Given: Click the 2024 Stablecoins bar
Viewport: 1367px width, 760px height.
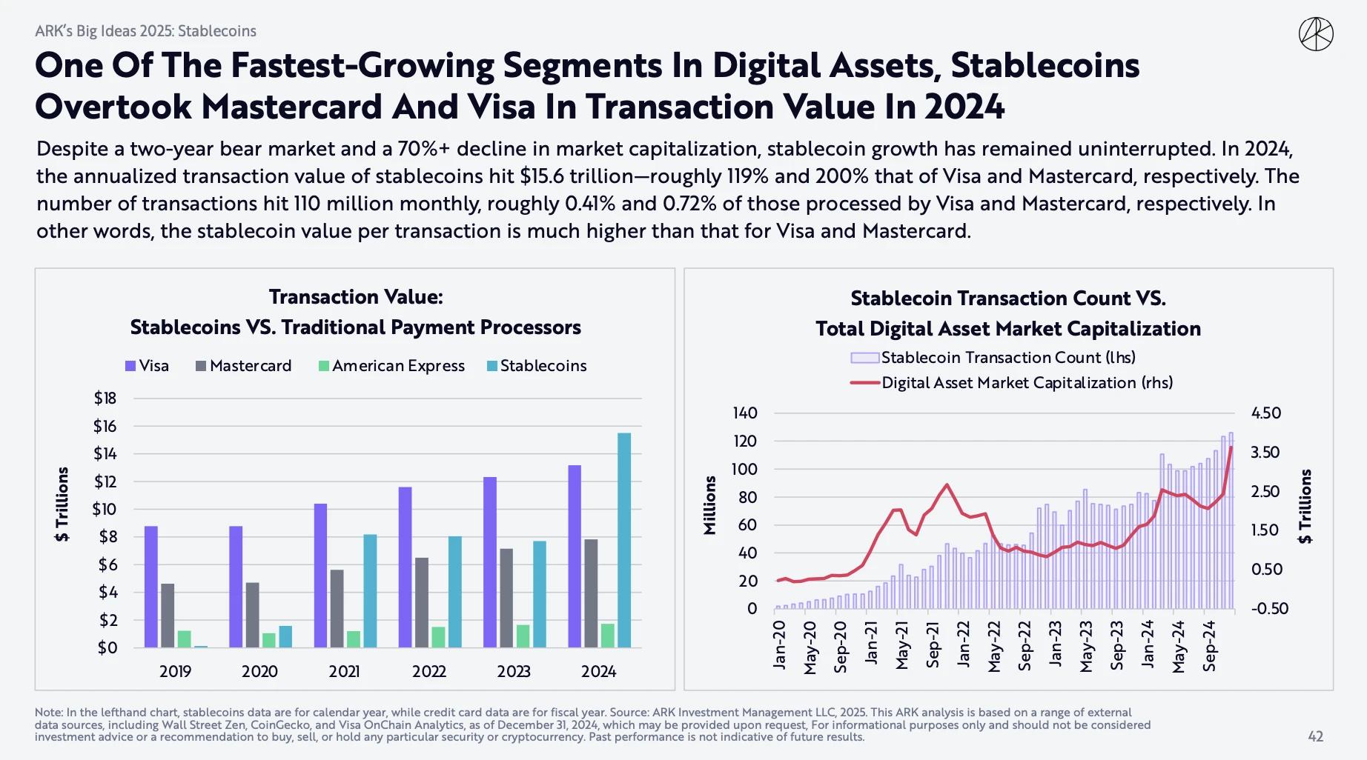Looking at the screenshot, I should [x=624, y=540].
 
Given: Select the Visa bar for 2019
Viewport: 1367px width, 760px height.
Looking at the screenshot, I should [x=151, y=587].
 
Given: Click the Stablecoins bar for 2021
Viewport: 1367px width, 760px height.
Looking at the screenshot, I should [x=370, y=590].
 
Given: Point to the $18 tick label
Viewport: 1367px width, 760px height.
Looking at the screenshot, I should [x=105, y=399].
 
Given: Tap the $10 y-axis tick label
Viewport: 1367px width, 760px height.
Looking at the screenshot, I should [x=105, y=510].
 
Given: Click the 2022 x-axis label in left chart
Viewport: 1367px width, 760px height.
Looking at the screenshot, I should [x=429, y=671].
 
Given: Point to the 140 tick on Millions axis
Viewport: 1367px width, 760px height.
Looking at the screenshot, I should [x=745, y=413].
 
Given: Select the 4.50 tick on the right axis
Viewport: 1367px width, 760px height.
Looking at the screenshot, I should [x=1266, y=413].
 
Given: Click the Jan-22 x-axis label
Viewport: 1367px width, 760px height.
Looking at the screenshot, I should [x=962, y=644].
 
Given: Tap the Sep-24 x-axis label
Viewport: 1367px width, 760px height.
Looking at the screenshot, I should [x=1209, y=646].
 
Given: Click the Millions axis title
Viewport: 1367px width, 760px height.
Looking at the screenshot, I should [x=710, y=505].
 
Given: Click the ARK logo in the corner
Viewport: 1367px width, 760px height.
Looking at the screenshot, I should [x=1316, y=34].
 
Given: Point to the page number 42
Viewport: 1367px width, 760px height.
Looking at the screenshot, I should [x=1315, y=736].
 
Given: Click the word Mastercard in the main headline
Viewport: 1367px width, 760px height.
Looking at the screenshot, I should [x=292, y=107].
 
